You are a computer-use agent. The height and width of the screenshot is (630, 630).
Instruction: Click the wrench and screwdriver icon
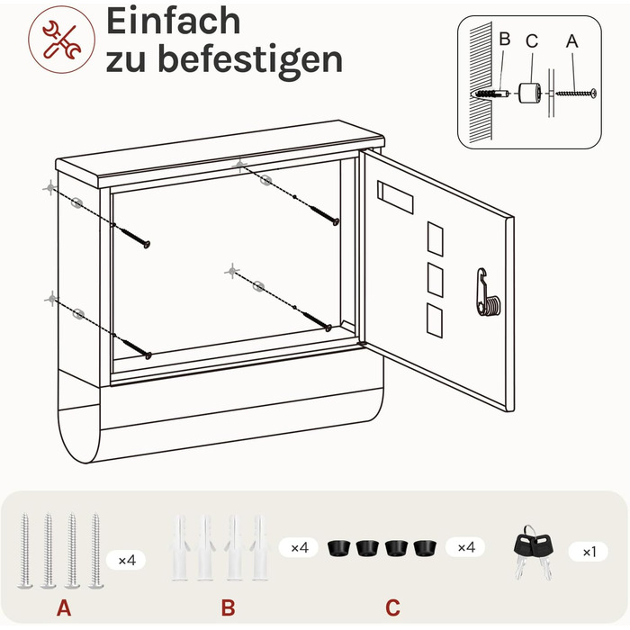tap(62, 40)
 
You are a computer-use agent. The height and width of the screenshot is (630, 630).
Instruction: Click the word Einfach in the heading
tap(173, 22)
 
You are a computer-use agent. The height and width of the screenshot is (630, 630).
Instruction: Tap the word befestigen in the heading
tap(250, 60)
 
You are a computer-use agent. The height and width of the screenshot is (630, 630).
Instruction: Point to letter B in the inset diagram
tap(505, 39)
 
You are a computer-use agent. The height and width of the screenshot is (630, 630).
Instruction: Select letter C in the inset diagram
tap(532, 41)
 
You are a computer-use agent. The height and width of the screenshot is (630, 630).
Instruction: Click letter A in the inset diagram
tap(571, 41)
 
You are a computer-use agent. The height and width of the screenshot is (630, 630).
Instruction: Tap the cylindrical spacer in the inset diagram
tap(529, 94)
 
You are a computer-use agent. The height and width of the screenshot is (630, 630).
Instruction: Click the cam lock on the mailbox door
tap(488, 292)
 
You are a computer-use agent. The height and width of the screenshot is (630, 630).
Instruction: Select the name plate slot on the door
tap(395, 197)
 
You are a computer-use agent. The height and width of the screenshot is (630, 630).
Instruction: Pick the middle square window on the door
tap(435, 280)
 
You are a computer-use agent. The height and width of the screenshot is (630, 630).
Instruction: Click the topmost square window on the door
tap(435, 238)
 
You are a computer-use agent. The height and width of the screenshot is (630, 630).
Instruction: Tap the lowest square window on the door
tap(435, 320)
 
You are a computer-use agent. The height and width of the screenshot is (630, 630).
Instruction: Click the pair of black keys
tap(533, 553)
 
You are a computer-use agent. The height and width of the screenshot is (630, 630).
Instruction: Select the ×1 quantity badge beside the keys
tap(589, 552)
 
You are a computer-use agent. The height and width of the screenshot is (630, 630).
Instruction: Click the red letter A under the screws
tap(64, 607)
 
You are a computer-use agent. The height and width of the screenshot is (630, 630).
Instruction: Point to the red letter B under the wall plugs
tap(229, 607)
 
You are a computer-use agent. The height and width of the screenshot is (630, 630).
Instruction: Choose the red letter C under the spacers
tap(392, 607)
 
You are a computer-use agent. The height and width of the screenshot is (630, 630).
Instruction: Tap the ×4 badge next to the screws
tap(126, 560)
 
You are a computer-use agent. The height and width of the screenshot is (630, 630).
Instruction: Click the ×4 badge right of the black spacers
tap(465, 547)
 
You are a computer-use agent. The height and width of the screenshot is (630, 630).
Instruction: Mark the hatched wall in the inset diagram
tap(481, 83)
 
